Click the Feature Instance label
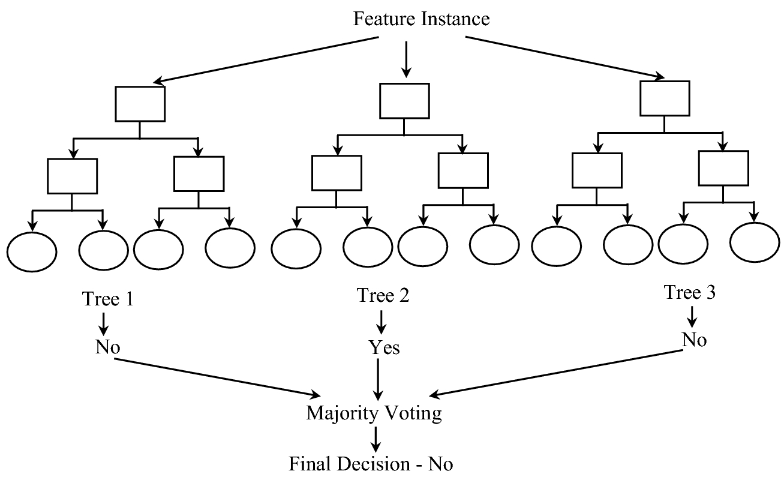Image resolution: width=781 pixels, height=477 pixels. (421, 19)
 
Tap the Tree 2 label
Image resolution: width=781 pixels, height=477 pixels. (383, 295)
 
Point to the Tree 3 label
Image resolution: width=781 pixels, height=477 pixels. (690, 293)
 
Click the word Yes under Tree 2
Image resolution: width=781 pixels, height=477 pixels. (384, 348)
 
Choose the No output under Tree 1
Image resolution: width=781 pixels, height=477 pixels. (103, 347)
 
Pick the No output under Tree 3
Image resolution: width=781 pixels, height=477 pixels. (694, 340)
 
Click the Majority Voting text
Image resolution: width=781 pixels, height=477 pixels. (374, 413)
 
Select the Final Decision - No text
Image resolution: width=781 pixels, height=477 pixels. (371, 464)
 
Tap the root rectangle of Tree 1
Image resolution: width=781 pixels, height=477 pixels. (140, 104)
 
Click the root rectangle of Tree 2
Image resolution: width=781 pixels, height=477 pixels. (404, 101)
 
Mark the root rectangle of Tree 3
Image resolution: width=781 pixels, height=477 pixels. (665, 97)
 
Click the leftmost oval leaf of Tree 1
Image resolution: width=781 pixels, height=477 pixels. (32, 250)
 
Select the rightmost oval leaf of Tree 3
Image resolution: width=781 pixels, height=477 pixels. (754, 242)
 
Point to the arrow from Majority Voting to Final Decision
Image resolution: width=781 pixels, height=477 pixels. (376, 439)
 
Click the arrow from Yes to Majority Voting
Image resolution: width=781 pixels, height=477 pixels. (378, 379)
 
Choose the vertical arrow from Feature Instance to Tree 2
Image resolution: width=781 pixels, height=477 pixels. (406, 59)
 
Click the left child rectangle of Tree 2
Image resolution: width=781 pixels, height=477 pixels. (337, 173)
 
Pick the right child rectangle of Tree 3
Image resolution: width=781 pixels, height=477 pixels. (723, 168)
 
